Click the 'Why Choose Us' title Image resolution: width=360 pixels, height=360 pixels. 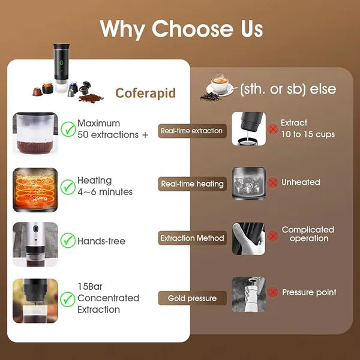tap(181, 29)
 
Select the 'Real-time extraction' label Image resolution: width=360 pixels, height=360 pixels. tap(191, 130)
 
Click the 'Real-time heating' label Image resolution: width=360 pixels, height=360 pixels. tap(191, 184)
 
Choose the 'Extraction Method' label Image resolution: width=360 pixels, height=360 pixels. tap(191, 238)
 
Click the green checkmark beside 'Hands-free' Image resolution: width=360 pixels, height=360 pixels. tap(68, 241)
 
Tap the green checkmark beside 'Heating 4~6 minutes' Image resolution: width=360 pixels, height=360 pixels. tap(68, 185)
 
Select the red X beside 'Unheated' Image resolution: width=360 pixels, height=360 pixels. tap(273, 182)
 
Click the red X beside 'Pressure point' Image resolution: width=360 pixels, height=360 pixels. tap(273, 293)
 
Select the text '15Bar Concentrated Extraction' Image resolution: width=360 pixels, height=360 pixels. tap(108, 298)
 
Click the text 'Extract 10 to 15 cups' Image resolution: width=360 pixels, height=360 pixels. tap(305, 128)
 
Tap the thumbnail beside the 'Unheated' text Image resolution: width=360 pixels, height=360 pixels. tap(248, 183)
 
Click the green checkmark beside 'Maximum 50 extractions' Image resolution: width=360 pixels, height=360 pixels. tap(68, 128)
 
